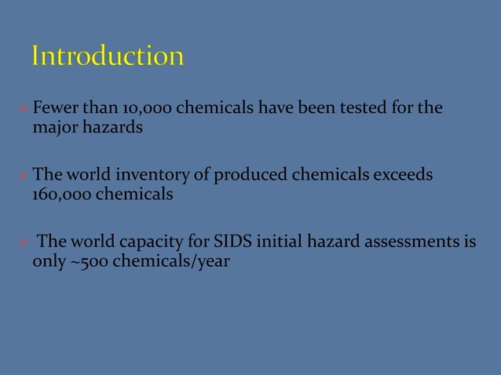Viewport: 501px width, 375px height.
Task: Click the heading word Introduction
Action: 108,57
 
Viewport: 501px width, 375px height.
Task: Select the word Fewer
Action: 53,107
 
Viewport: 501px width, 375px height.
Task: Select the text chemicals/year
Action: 170,260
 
